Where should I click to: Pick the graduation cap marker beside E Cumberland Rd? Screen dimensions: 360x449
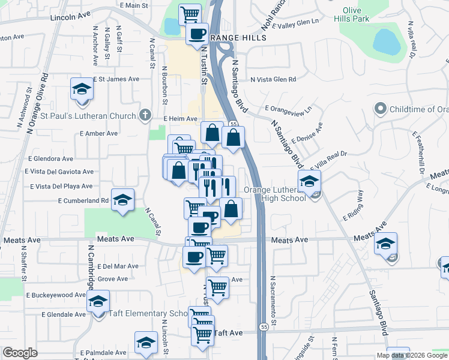(x=122, y=200)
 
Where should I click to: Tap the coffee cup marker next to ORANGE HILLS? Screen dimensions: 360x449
(x=197, y=34)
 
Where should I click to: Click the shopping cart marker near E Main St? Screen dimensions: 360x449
(x=190, y=13)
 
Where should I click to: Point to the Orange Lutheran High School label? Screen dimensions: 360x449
(x=275, y=194)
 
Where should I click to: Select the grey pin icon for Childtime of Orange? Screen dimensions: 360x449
(x=379, y=109)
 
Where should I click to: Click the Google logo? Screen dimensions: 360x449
(x=20, y=352)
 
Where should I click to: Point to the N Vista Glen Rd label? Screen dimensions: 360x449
(x=273, y=79)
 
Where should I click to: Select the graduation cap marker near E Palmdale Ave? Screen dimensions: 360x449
(x=145, y=343)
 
